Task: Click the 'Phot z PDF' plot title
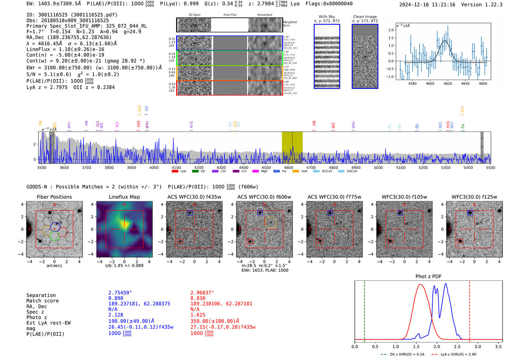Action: pyautogui.click(x=428, y=277)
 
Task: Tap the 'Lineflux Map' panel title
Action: pyautogui.click(x=124, y=197)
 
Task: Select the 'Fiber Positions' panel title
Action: pyautogui.click(x=54, y=197)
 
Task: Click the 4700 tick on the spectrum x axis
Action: pyautogui.click(x=311, y=168)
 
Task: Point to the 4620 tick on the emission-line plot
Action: pyautogui.click(x=448, y=83)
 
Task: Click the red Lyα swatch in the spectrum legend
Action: pyautogui.click(x=175, y=172)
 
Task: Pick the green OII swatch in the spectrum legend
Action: pyautogui.click(x=195, y=172)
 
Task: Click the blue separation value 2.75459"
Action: pyautogui.click(x=120, y=293)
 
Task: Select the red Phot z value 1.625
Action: pyautogui.click(x=198, y=315)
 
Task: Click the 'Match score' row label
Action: pyautogui.click(x=42, y=301)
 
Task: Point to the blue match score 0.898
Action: pyautogui.click(x=116, y=298)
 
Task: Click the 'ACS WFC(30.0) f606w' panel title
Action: pyautogui.click(x=264, y=197)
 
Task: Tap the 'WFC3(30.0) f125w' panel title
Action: pyautogui.click(x=474, y=197)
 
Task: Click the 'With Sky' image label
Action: pyautogui.click(x=326, y=17)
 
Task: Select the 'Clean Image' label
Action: pyautogui.click(x=365, y=17)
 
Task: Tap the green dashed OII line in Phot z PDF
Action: pyautogui.click(x=364, y=310)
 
